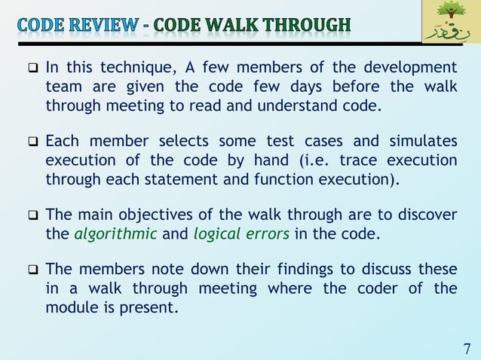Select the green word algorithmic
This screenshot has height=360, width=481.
(115, 233)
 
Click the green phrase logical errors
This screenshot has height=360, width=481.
(241, 233)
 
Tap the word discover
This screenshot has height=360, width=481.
(423, 215)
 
